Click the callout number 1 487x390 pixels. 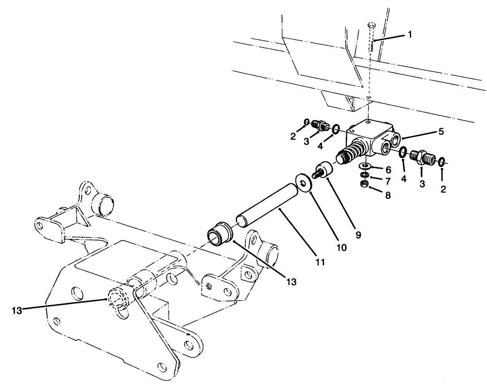click(410, 35)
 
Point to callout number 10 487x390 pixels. click(341, 248)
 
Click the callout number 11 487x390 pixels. click(320, 262)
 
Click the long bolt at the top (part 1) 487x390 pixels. click(370, 38)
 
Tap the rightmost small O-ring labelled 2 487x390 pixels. click(442, 161)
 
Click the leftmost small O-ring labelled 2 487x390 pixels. click(306, 122)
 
